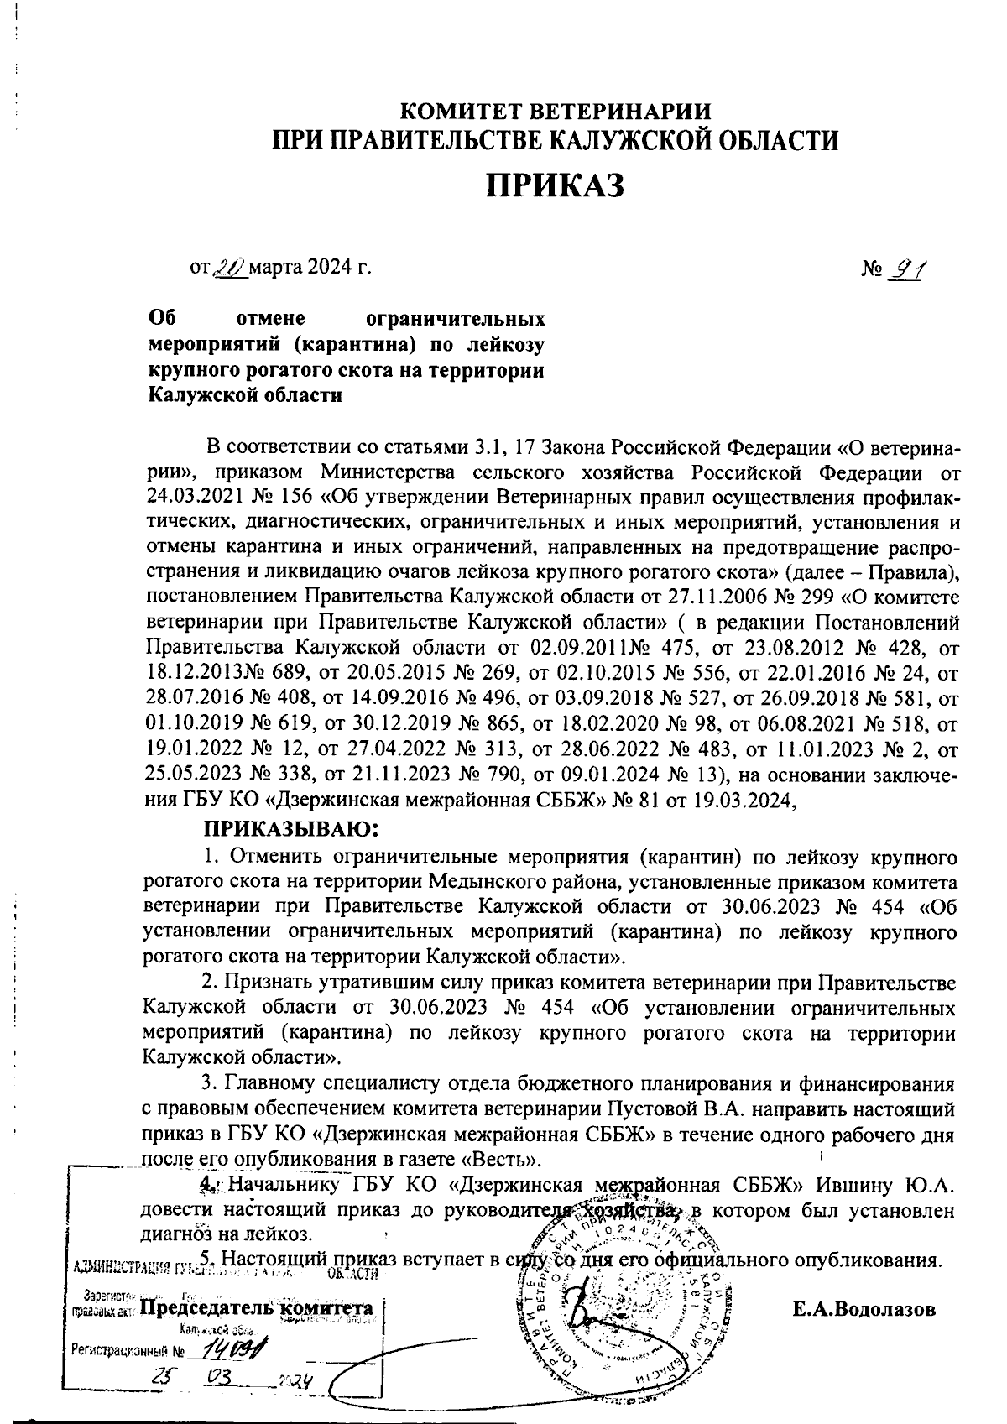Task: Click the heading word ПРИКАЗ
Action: tap(556, 185)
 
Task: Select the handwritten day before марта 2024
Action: tap(226, 269)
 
